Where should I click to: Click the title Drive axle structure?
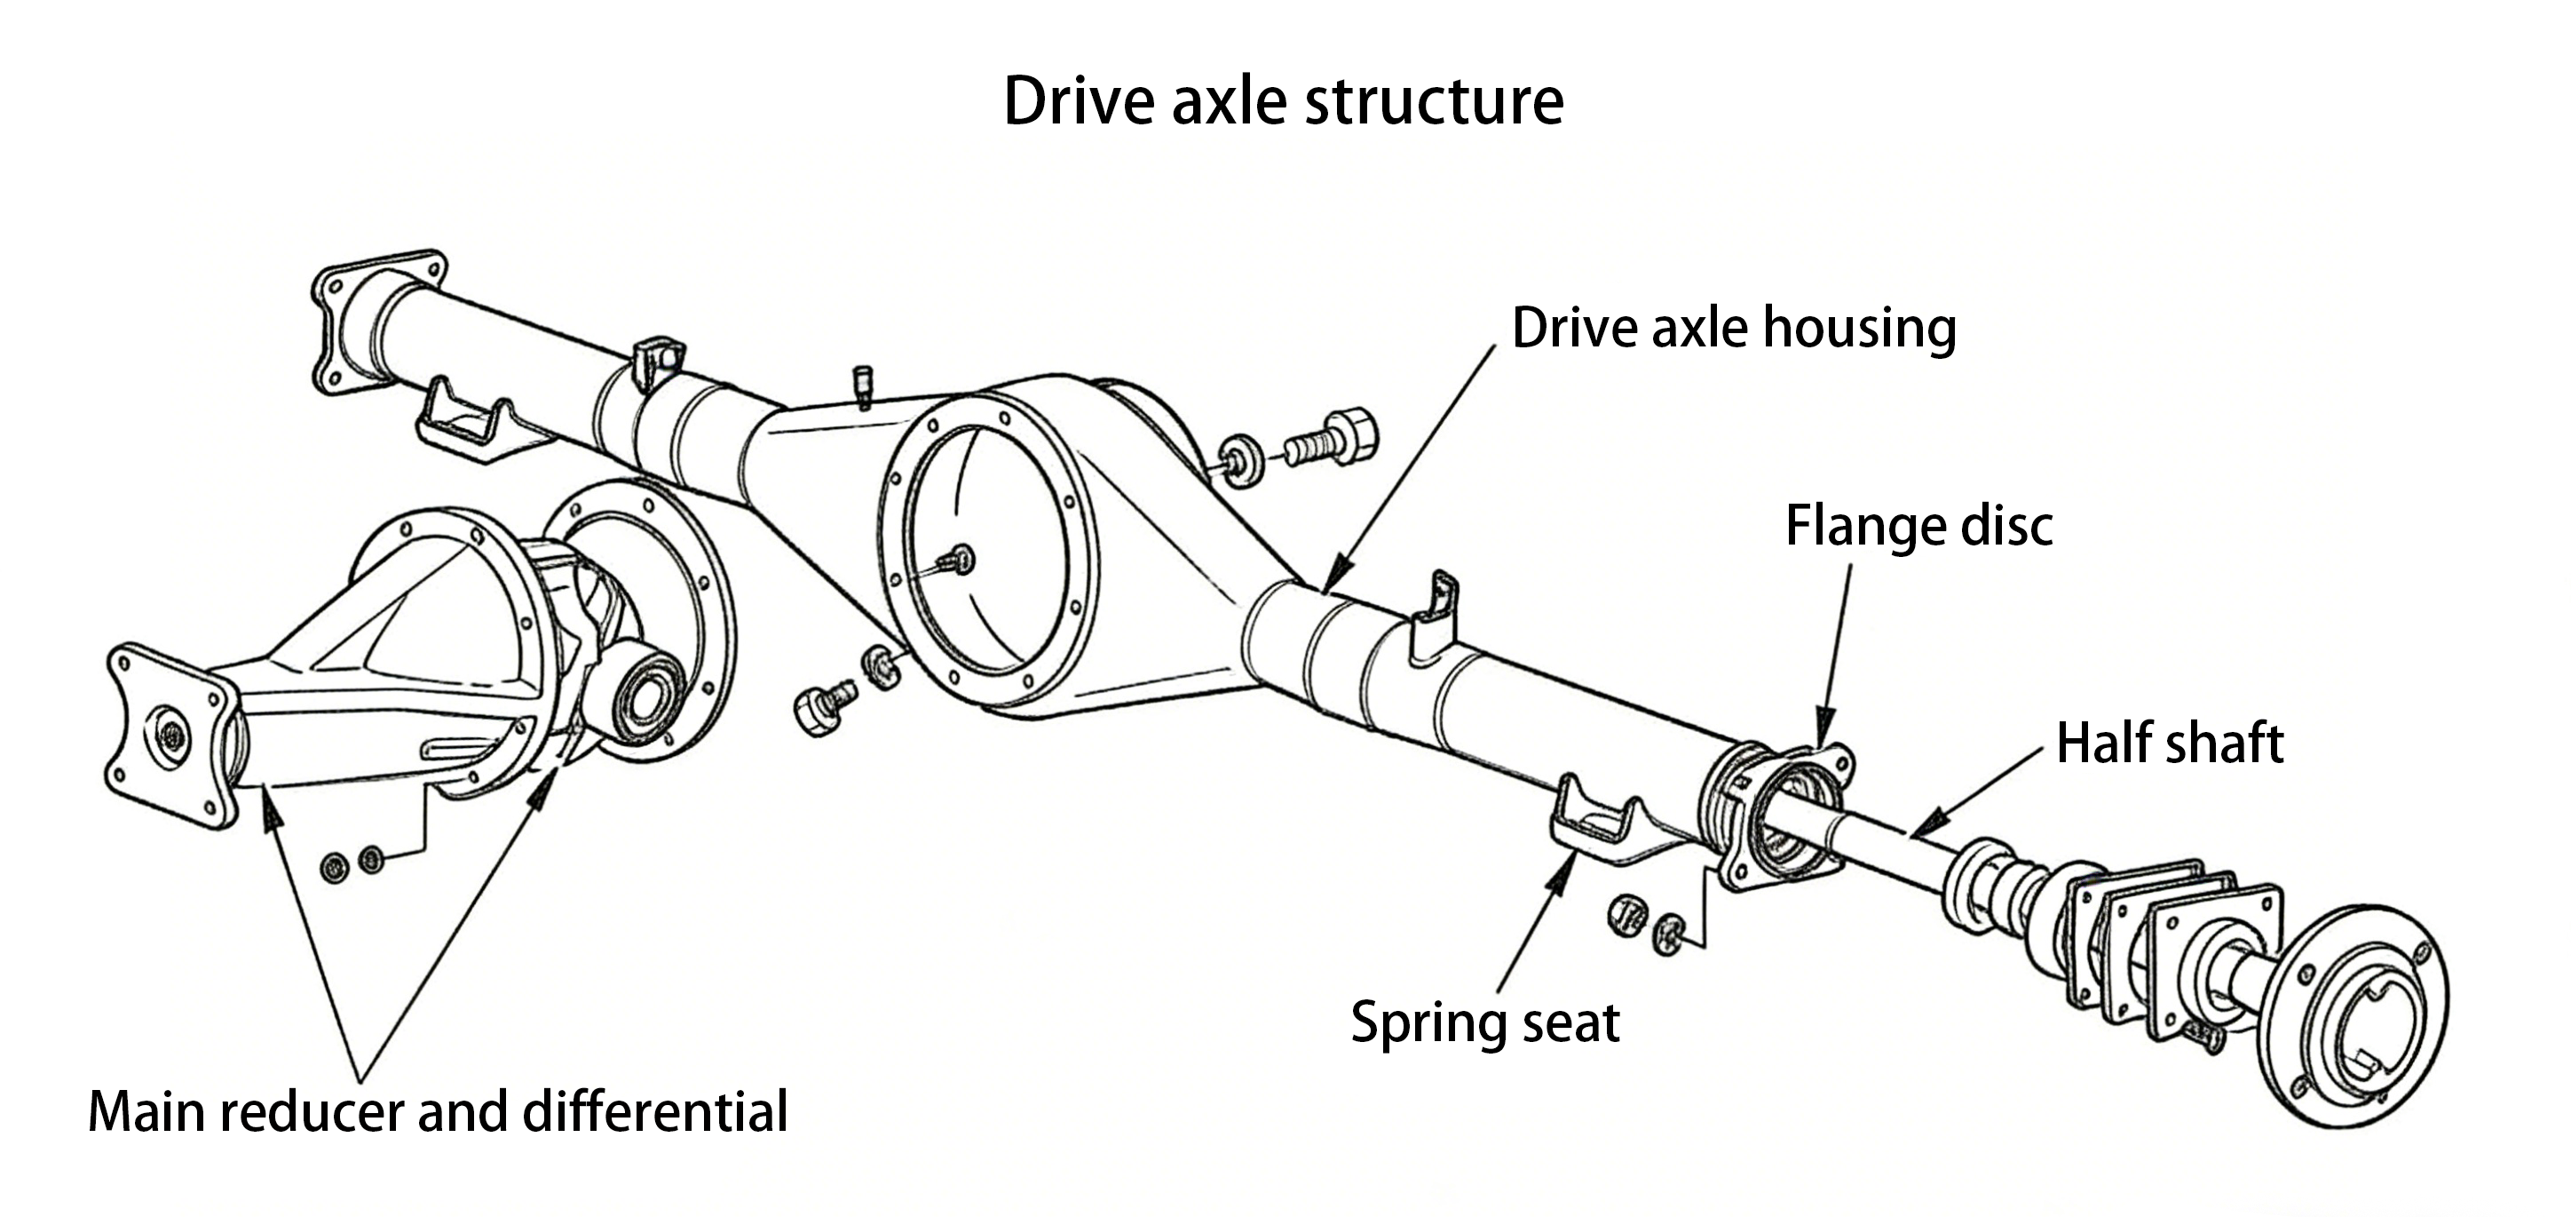point(1284,101)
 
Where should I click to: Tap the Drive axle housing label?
point(1734,329)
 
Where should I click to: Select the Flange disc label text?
point(1918,526)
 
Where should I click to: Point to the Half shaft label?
point(2170,744)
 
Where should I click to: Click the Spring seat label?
point(1484,1022)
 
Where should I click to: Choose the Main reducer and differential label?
point(439,1112)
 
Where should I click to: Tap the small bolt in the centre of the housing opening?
point(962,559)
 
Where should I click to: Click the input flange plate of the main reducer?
point(170,736)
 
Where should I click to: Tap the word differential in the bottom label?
point(654,1112)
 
